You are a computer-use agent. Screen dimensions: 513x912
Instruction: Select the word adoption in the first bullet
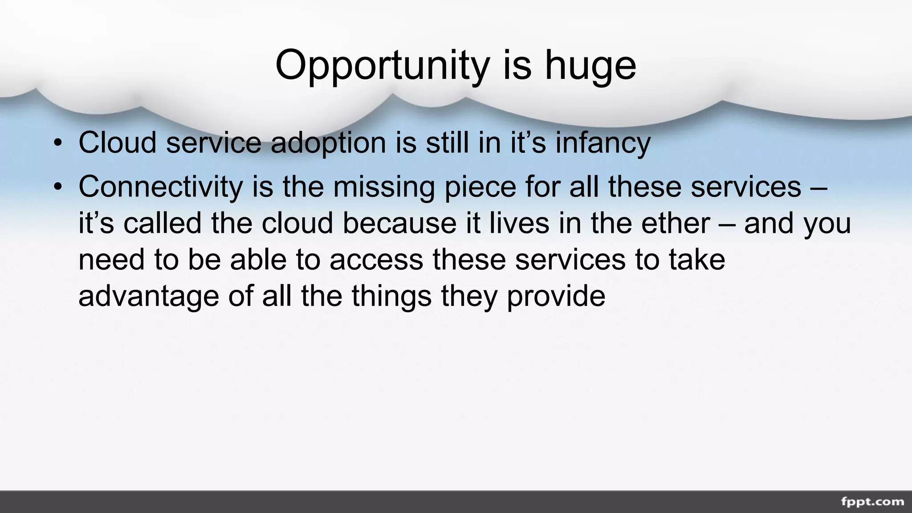point(328,143)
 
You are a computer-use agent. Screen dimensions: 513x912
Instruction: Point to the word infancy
point(603,143)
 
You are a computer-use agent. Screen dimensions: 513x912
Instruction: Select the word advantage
point(149,296)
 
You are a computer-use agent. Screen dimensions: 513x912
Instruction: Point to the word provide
point(556,296)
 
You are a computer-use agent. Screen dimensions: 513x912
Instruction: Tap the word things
point(391,296)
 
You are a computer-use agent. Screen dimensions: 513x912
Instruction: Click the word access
point(376,260)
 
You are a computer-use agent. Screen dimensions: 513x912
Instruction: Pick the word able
point(258,260)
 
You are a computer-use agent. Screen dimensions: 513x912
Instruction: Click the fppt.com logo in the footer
point(872,502)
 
